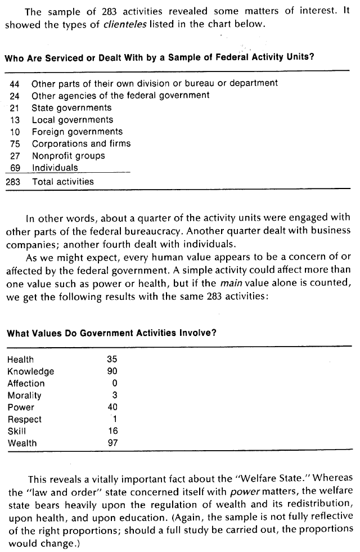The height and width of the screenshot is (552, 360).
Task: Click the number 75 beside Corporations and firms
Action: pyautogui.click(x=15, y=143)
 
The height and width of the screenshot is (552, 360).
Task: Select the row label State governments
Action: pyautogui.click(x=71, y=107)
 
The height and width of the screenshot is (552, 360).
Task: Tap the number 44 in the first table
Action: pyautogui.click(x=15, y=83)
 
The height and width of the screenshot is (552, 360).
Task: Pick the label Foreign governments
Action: pyautogui.click(x=76, y=132)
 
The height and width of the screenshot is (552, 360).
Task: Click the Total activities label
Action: pyautogui.click(x=62, y=182)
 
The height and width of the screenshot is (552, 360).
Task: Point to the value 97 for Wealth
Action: pyautogui.click(x=111, y=443)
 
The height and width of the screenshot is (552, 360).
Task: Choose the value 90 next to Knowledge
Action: pyautogui.click(x=111, y=371)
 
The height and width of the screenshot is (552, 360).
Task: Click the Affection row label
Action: pyautogui.click(x=26, y=383)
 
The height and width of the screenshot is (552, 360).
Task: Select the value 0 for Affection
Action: pyautogui.click(x=114, y=383)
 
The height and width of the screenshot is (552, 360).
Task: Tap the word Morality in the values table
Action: pyautogui.click(x=24, y=396)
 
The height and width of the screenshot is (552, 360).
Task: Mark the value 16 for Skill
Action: pyautogui.click(x=112, y=431)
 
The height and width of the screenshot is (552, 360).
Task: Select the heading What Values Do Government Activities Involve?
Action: pyautogui.click(x=111, y=333)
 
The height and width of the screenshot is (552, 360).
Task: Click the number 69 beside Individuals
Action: pyautogui.click(x=15, y=168)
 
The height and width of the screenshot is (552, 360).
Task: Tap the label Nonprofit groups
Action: pyautogui.click(x=68, y=156)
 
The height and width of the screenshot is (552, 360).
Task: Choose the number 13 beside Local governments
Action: pyautogui.click(x=15, y=120)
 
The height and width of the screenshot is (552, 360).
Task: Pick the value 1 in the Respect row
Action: pyautogui.click(x=114, y=419)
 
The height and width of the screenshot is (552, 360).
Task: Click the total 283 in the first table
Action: pyautogui.click(x=14, y=182)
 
